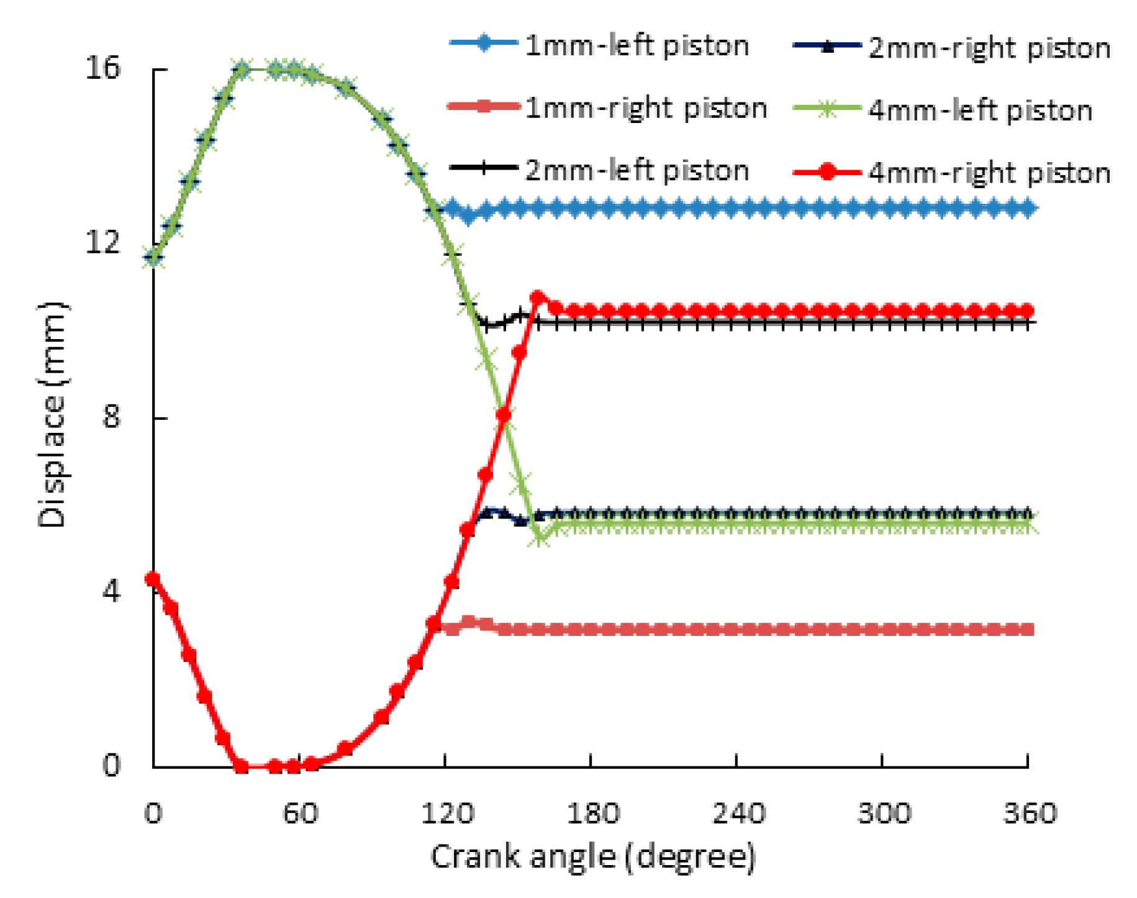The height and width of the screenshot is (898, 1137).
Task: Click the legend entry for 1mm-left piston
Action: [636, 46]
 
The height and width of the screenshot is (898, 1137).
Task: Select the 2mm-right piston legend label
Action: [989, 48]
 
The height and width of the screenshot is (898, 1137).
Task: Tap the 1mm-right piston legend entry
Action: [646, 108]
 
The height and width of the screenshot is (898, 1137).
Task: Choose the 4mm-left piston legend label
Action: [980, 111]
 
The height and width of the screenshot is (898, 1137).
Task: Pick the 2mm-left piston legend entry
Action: [636, 170]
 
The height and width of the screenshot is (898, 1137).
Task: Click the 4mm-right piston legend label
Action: [989, 173]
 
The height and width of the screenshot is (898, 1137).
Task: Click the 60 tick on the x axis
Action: [300, 813]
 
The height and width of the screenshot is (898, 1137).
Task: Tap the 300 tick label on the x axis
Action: [884, 813]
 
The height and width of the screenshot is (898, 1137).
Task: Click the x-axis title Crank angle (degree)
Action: [592, 857]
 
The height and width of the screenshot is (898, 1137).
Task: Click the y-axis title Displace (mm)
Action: [53, 415]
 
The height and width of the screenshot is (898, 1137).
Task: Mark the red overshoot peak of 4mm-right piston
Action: [538, 297]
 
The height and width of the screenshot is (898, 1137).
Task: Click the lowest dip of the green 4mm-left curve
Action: [541, 538]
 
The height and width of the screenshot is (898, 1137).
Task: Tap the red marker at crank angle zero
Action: [153, 578]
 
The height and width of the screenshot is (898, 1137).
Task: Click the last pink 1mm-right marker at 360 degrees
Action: [1026, 630]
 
